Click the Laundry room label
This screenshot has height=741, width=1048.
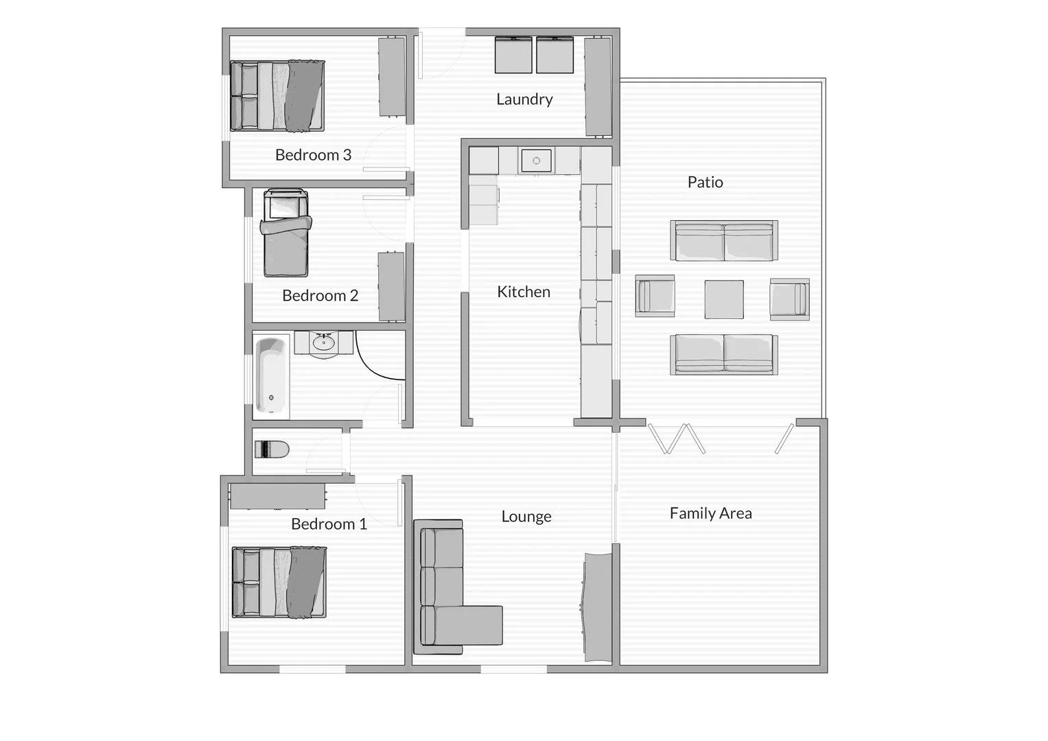click(x=524, y=99)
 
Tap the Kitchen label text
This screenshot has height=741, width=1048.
click(x=524, y=292)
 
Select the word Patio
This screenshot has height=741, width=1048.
click(x=705, y=183)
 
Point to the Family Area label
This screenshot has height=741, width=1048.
click(x=710, y=513)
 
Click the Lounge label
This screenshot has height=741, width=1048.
click(x=526, y=517)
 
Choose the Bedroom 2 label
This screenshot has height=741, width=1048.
click(x=320, y=296)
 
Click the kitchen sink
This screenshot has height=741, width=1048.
click(x=536, y=161)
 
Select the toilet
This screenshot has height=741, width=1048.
click(x=272, y=449)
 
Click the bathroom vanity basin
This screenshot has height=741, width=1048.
click(x=323, y=342)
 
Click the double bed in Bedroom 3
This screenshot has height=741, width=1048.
click(x=277, y=95)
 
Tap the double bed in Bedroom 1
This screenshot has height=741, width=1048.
click(x=279, y=582)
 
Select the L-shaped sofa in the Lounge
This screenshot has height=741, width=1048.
click(x=446, y=590)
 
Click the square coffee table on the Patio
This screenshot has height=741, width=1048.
click(x=724, y=299)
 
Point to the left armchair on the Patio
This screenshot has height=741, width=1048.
click(x=655, y=296)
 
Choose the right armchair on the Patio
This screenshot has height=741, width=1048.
click(x=789, y=299)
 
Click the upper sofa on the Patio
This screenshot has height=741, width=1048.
click(x=724, y=241)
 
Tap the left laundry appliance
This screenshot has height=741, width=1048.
click(x=513, y=55)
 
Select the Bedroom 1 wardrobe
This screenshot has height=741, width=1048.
click(x=277, y=496)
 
